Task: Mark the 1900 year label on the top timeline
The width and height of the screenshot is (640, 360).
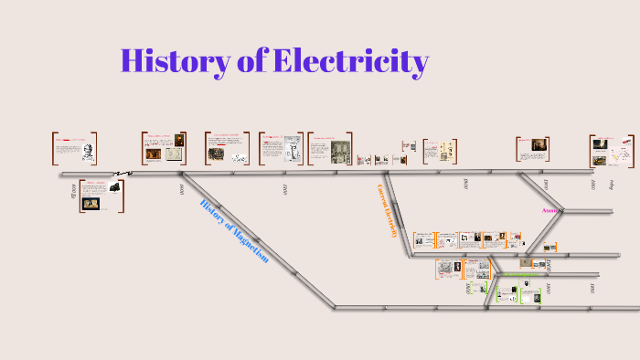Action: point(546,185)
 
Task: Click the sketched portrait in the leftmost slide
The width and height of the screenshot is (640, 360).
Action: point(90,149)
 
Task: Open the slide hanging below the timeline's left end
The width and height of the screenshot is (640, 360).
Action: point(102,196)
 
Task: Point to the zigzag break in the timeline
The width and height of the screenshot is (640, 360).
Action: point(123,173)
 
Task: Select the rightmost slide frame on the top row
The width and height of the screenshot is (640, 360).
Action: point(612,150)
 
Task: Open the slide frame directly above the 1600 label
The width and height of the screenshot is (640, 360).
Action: point(165,149)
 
